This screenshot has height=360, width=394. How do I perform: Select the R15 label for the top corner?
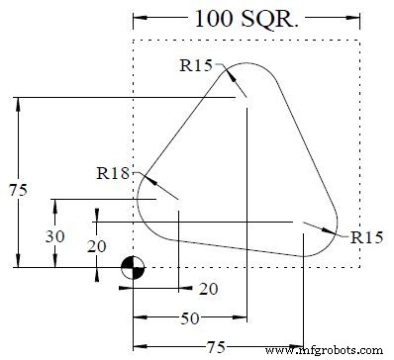[x=195, y=67]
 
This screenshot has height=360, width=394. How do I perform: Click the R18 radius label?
[x=113, y=172]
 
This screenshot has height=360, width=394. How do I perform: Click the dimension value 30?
[x=57, y=237]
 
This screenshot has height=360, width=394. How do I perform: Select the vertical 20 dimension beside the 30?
[x=96, y=246]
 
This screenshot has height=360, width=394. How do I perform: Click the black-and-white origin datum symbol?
[x=133, y=267]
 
